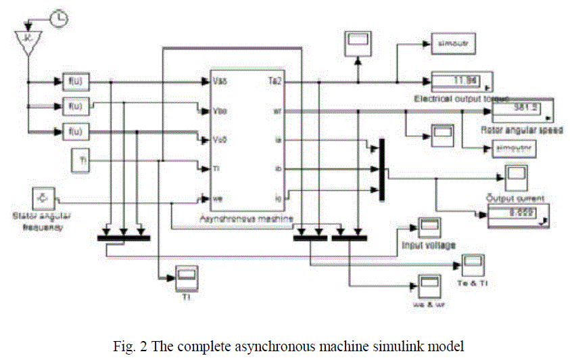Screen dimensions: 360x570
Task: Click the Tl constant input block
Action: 82,160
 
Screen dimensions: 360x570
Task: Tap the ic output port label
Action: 277,199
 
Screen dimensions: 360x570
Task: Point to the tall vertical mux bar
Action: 381,169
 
